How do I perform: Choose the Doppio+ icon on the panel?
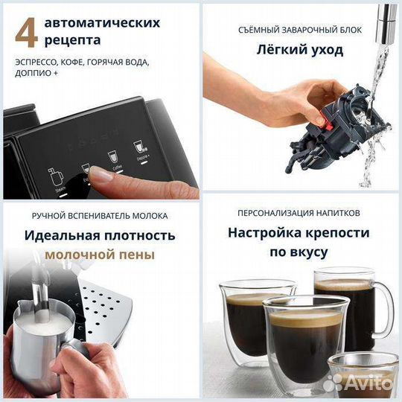point(138,147)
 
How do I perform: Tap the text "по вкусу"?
point(301,252)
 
